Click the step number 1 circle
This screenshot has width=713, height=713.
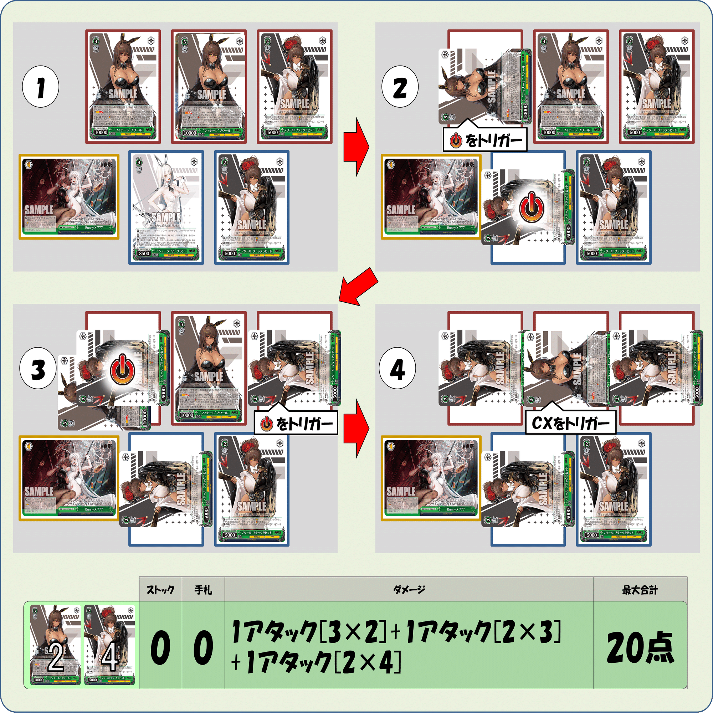41,87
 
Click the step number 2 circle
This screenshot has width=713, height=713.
400,87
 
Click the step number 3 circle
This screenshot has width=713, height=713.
38,369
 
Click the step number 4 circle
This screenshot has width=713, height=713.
397,369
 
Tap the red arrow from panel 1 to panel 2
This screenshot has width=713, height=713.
356,147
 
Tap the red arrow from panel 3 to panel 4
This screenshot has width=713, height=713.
356,429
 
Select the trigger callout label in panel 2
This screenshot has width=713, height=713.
485,140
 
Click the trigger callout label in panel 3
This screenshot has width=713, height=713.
296,424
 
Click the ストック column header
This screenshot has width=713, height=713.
160,590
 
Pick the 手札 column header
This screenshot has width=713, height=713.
203,590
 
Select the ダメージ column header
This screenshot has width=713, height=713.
409,590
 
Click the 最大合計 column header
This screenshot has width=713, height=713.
640,590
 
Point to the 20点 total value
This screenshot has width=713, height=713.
640,648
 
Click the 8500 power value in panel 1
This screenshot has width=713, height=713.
144,253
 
